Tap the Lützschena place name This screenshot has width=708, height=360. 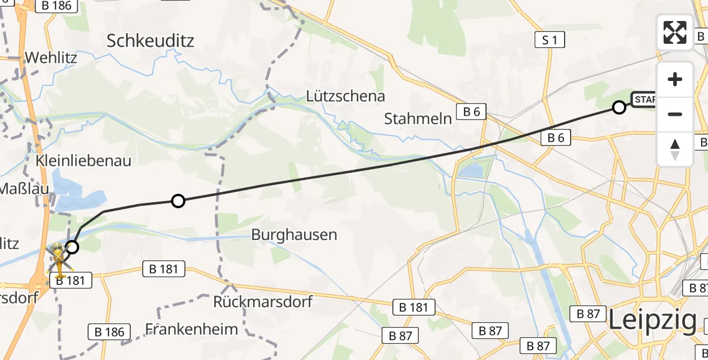tap(346, 96)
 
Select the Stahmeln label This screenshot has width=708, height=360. tap(418, 118)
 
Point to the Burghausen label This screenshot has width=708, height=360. tap(294, 234)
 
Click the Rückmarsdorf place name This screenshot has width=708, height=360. tap(263, 301)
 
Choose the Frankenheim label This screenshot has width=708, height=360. tap(192, 329)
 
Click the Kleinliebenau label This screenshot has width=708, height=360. tap(83, 161)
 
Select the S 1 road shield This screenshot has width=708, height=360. tap(550, 40)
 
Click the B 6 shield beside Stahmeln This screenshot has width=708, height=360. tap(471, 111)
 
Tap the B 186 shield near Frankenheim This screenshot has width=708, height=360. tap(109, 332)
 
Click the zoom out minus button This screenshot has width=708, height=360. tap(675, 114)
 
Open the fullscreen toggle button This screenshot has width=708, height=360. tap(675, 32)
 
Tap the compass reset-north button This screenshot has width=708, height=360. tap(675, 149)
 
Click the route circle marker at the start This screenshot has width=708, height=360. tap(619, 107)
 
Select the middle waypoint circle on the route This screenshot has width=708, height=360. tap(178, 201)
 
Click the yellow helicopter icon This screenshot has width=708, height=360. tap(59, 259)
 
